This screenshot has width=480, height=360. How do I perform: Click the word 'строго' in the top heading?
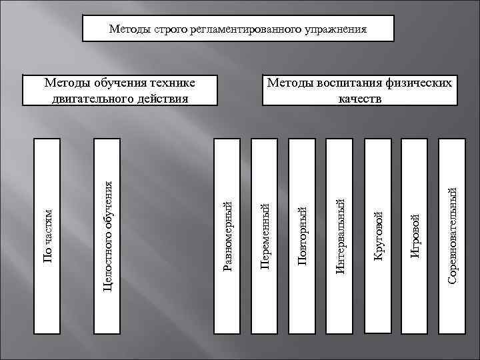point(169,30)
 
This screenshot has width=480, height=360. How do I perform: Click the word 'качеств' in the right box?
point(361,98)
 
